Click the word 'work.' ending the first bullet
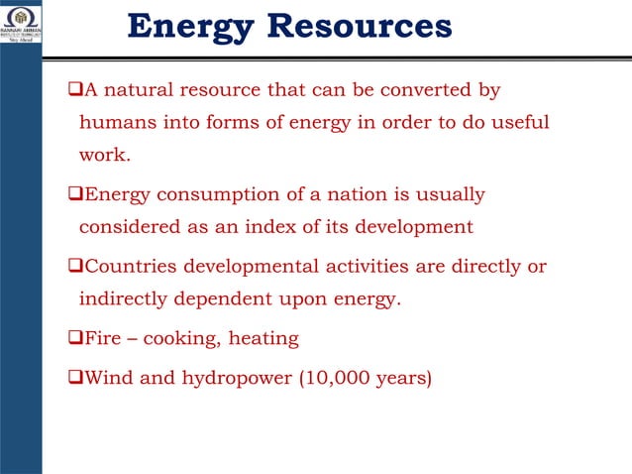tap(105, 156)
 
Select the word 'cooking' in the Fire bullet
tap(181, 338)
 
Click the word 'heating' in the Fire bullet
tap(263, 338)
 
